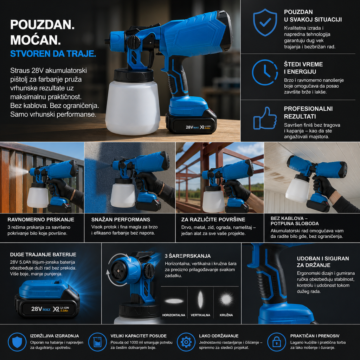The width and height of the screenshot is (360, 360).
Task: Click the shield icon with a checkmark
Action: pyautogui.click(x=265, y=22)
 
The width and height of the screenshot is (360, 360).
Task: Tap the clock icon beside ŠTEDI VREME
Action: pyautogui.click(x=265, y=72)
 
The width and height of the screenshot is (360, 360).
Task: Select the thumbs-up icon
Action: pyautogui.click(x=265, y=118)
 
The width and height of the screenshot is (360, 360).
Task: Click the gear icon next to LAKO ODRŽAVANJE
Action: pyautogui.click(x=186, y=342)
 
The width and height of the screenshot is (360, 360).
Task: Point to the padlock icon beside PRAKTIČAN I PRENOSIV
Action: pyautogui.click(x=277, y=342)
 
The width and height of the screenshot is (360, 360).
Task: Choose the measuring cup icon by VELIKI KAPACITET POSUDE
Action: pyautogui.click(x=97, y=342)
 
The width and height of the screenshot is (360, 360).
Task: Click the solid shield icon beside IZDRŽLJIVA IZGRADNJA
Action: pyautogui.click(x=17, y=342)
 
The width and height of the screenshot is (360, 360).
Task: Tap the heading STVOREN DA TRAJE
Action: pyautogui.click(x=53, y=53)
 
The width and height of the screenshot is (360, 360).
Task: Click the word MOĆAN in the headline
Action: pyautogui.click(x=36, y=40)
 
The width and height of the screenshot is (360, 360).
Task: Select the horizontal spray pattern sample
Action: pyautogui.click(x=174, y=301)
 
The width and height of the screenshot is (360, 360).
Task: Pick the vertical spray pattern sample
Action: pyautogui.click(x=200, y=300)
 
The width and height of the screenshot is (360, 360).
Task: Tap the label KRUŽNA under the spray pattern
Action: pyautogui.click(x=226, y=315)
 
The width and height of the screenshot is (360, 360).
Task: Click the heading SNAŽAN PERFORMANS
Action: pyautogui.click(x=121, y=219)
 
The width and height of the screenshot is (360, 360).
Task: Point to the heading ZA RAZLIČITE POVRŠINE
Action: pyautogui.click(x=213, y=219)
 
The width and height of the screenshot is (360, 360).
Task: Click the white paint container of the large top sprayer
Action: pyautogui.click(x=133, y=107)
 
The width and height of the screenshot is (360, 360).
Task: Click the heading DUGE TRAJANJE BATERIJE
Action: pyautogui.click(x=43, y=255)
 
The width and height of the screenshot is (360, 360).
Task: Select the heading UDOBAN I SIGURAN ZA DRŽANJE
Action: pyautogui.click(x=323, y=262)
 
